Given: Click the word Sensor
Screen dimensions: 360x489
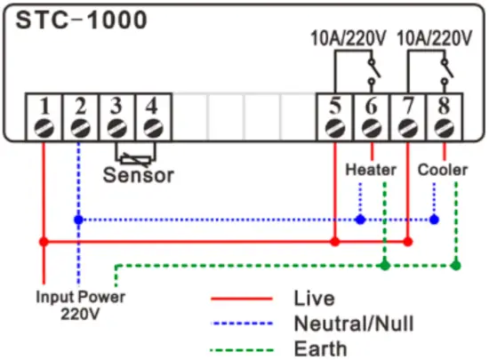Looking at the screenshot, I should (139, 174).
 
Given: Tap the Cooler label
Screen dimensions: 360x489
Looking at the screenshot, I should (443, 169).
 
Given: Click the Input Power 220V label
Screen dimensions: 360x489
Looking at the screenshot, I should (80, 305).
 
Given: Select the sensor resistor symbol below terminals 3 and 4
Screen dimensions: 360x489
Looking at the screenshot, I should (134, 155).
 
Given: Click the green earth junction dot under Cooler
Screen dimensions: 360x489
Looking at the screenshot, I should (455, 265).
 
